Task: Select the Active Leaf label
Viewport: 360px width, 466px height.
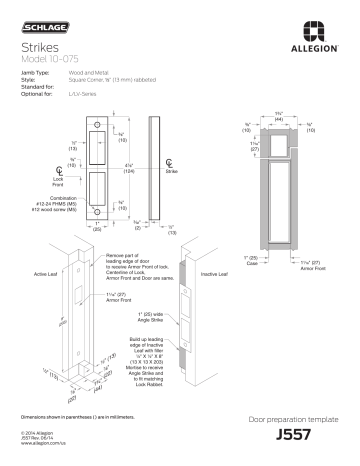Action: tap(48, 272)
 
